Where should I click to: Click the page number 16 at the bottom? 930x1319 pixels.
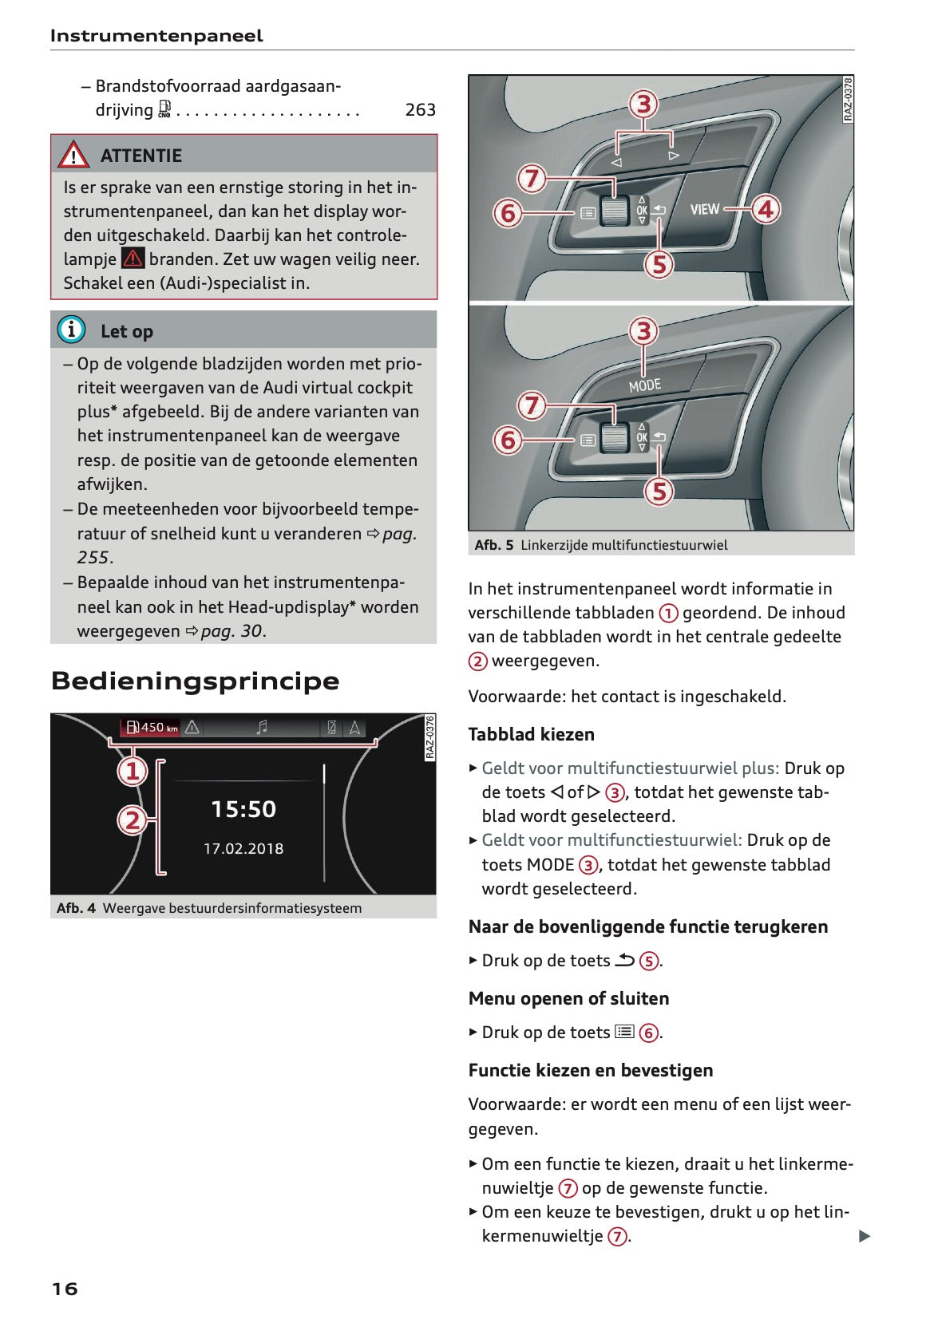click(65, 1289)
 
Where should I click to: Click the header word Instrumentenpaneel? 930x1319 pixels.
click(156, 36)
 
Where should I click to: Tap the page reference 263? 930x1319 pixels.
click(420, 110)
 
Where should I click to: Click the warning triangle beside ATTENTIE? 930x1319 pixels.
click(73, 155)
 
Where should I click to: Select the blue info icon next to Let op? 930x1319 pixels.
click(71, 330)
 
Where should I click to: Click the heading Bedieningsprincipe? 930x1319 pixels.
click(196, 681)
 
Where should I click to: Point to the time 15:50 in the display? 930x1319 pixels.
click(243, 809)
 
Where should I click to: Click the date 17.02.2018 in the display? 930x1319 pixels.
click(243, 849)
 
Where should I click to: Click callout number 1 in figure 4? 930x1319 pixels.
click(133, 771)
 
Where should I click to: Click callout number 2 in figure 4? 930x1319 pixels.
click(133, 819)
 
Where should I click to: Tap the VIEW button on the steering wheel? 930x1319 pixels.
click(705, 209)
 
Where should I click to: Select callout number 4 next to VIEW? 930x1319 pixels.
click(765, 209)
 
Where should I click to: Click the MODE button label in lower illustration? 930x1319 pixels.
click(645, 385)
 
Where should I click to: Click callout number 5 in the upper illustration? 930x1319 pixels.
click(659, 264)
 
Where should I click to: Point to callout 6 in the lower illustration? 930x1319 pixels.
click(508, 440)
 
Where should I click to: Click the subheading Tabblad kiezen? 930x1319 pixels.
click(532, 734)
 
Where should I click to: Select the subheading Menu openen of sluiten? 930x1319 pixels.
click(568, 998)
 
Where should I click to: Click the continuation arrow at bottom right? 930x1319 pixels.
click(864, 1236)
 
